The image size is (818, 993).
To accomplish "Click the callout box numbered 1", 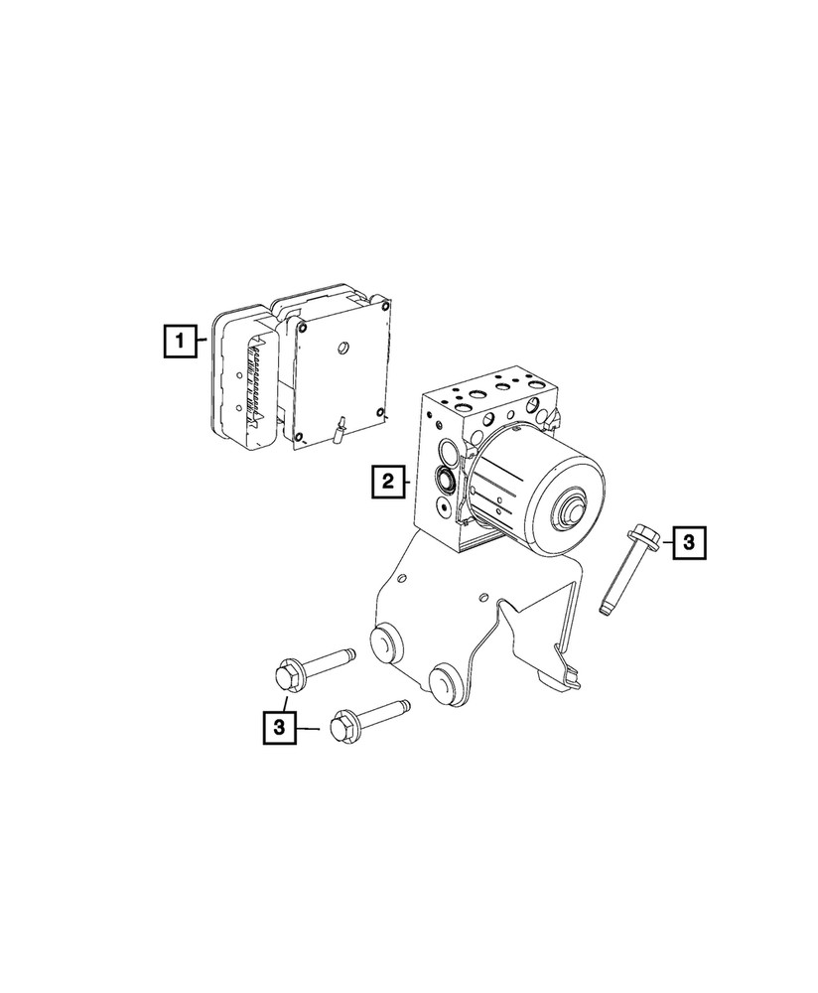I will coord(180,344).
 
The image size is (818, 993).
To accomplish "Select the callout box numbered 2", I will coord(388,483).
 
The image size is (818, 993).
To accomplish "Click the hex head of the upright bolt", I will coord(635,539).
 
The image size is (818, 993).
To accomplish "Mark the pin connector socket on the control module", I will coord(249,382).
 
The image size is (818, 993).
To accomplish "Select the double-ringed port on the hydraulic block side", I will coord(446,485).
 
